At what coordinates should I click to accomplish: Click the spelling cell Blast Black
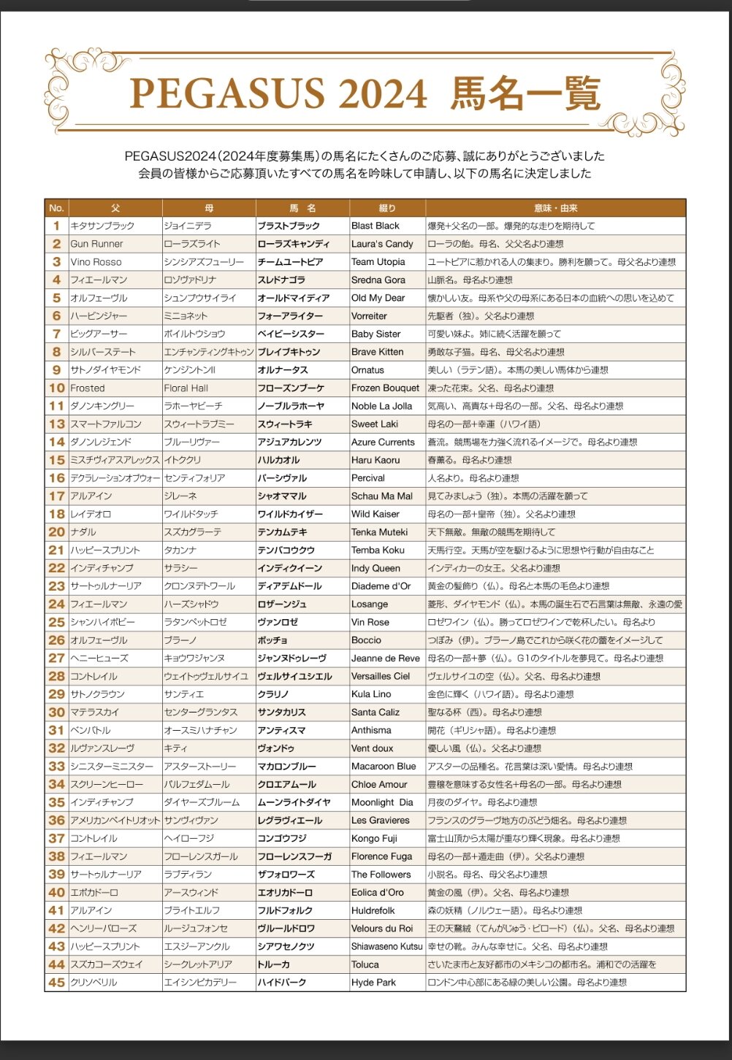[x=375, y=226]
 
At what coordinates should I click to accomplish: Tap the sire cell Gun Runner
[x=96, y=244]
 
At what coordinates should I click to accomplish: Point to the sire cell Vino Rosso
[x=96, y=262]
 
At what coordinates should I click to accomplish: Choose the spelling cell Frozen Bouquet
[x=385, y=388]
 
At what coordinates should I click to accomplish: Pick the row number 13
[x=57, y=424]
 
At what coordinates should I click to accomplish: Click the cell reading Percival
[x=368, y=478]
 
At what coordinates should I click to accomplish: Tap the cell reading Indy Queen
[x=375, y=568]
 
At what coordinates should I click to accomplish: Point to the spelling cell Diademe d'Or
[x=381, y=586]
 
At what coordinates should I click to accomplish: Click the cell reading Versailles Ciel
[x=381, y=676]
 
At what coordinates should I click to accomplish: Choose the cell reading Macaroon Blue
[x=384, y=767]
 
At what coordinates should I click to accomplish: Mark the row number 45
[x=57, y=983]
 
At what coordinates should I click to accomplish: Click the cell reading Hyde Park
[x=373, y=983]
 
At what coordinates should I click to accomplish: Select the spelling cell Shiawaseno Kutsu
[x=386, y=947]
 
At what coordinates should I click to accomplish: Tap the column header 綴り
[x=387, y=208]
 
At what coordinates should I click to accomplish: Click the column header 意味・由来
[x=555, y=208]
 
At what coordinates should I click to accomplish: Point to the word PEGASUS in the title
[x=227, y=94]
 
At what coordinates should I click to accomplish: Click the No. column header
[x=57, y=208]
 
